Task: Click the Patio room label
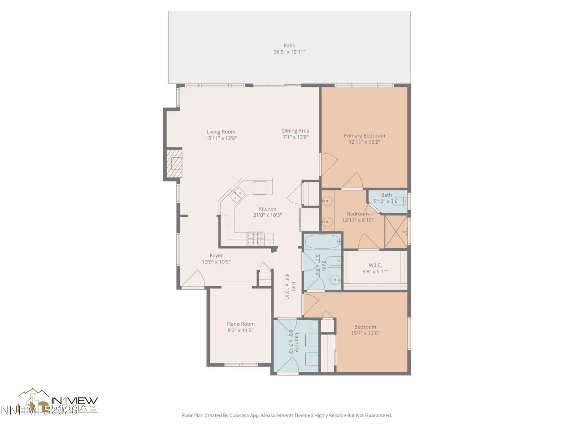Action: tap(289, 45)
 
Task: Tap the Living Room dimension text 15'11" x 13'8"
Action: tap(221, 138)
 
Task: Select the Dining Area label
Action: tap(296, 131)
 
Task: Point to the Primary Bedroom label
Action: tap(364, 136)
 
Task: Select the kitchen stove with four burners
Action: tap(257, 239)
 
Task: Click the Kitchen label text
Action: tap(267, 209)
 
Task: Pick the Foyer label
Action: tap(216, 256)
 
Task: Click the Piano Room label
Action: tap(240, 324)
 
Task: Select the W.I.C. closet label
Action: tap(375, 265)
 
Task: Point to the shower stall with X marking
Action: tap(396, 231)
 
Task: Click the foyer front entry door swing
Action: tap(194, 280)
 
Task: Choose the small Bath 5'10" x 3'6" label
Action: tap(386, 195)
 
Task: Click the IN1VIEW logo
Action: tap(74, 401)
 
